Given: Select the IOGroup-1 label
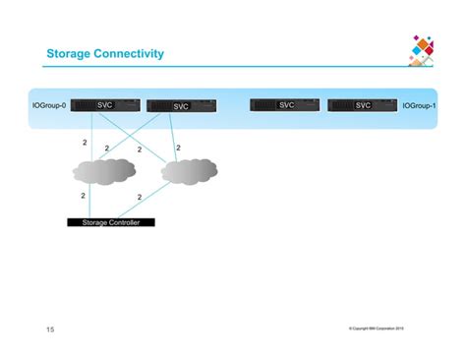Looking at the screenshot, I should (420, 105).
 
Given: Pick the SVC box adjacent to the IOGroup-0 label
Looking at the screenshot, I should (105, 105).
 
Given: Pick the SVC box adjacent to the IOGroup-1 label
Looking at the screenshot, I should (363, 105).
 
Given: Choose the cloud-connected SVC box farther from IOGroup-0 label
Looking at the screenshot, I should (181, 106).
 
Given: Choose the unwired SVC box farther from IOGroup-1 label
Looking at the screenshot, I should (286, 105).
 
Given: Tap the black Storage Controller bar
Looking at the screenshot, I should (111, 223).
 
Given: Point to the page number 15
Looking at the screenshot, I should (50, 329).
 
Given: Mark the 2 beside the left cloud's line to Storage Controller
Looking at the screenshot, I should (83, 197).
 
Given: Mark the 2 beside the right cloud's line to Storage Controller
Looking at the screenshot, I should (140, 197).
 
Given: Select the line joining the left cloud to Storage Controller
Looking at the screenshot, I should (89, 202).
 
